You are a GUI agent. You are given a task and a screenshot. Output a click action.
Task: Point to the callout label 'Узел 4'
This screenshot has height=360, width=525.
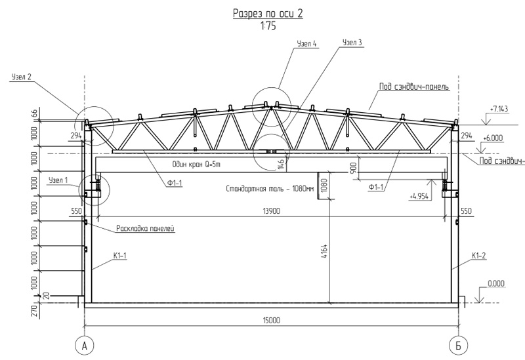point(306,44)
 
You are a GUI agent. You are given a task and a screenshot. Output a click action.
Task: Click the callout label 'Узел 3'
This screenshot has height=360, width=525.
point(352,43)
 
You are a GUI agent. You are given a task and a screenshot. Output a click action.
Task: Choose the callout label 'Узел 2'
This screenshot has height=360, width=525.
point(22,77)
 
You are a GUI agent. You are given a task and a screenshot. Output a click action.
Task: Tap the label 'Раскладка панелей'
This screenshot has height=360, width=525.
point(146,228)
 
